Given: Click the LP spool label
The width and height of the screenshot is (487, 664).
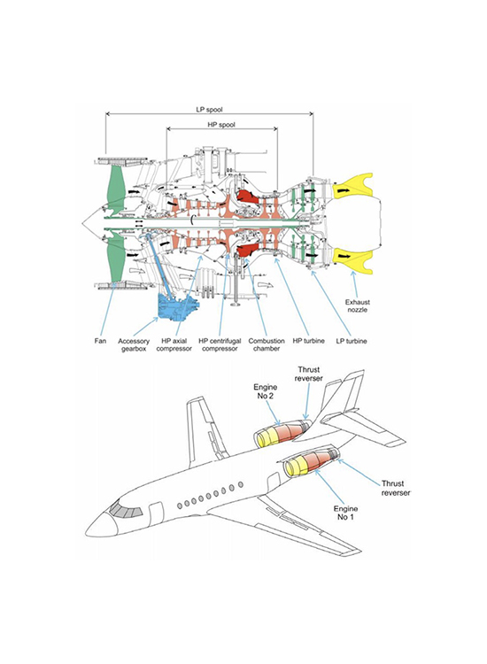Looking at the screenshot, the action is pos(209,109).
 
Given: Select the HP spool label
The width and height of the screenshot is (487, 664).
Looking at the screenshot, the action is pos(221,125).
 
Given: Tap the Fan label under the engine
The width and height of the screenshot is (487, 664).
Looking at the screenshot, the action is pos(100,341).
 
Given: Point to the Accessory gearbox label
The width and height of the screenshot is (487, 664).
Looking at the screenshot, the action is pos(134,344).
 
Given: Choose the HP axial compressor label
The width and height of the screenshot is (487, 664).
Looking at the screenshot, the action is pos(174,344).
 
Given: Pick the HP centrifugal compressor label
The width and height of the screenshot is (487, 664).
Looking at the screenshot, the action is pos(220,344).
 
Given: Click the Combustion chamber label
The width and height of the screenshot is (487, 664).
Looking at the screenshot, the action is pos(267,344).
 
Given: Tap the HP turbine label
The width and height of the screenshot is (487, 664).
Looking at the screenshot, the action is pos(309,341).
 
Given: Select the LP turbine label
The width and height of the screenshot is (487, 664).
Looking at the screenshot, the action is pos(352,341).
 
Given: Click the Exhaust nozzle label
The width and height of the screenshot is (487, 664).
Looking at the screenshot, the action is pos(358,305).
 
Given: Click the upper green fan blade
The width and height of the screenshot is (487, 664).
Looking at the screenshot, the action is pos(114,186).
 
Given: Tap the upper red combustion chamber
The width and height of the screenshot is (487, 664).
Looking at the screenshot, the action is pos(246,197).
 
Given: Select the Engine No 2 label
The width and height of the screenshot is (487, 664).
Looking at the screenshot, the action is pos(265,391).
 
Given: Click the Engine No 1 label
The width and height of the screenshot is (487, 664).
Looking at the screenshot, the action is pos(345,513).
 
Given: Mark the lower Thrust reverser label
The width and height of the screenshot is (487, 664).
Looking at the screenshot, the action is pos(396,488).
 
